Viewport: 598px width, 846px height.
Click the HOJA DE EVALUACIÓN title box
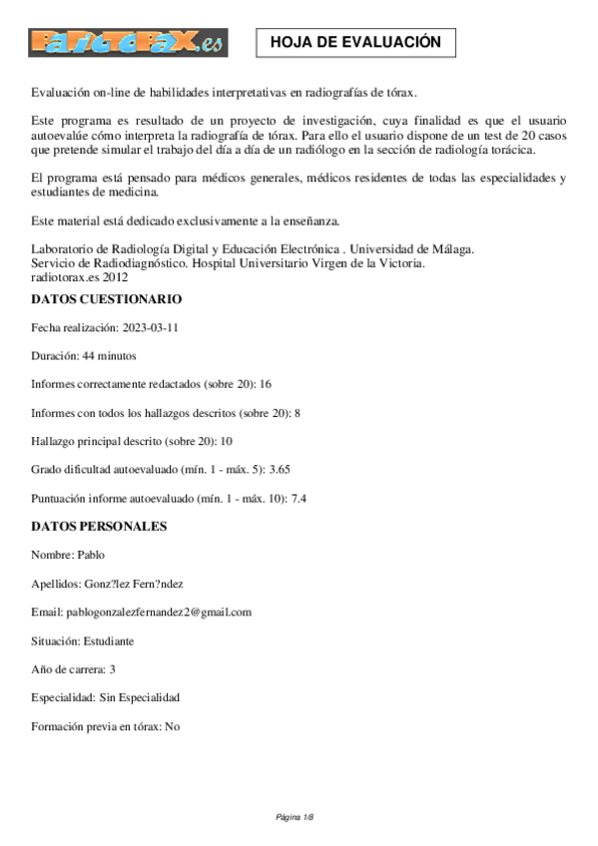click(x=356, y=43)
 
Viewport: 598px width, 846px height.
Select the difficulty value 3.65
click(x=280, y=468)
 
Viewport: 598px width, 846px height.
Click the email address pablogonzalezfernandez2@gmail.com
click(x=160, y=612)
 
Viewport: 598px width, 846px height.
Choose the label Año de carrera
click(x=68, y=668)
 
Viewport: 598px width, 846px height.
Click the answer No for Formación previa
click(x=173, y=726)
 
